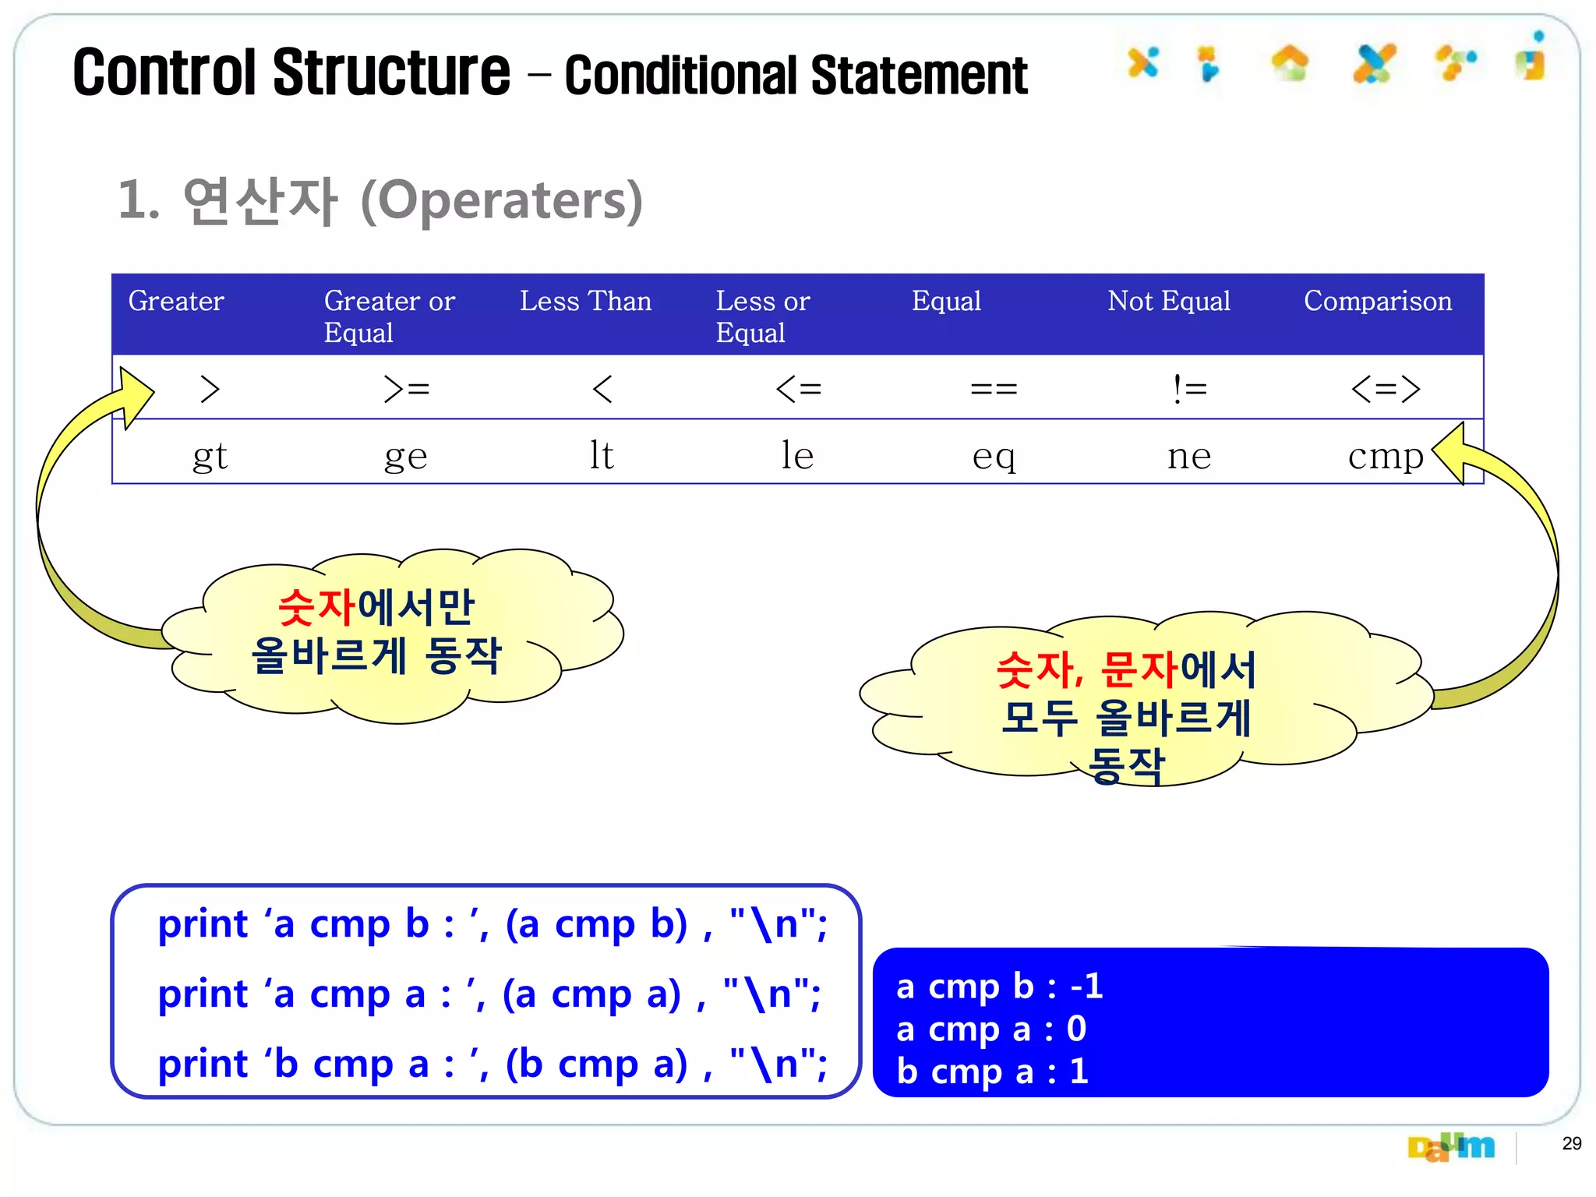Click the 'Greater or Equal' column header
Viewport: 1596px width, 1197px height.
(389, 316)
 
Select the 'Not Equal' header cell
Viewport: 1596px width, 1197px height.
(1168, 301)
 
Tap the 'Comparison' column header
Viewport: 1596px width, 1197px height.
(1377, 301)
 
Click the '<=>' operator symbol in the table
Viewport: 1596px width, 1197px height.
(1385, 388)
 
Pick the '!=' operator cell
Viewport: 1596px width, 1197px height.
(1189, 388)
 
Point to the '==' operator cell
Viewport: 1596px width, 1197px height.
(994, 388)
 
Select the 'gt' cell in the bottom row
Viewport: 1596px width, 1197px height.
(210, 456)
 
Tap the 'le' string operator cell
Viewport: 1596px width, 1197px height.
(797, 455)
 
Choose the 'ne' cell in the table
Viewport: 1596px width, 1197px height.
(1189, 456)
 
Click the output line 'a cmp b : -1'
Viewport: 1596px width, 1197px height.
(999, 987)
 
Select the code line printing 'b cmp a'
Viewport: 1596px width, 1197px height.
(492, 1064)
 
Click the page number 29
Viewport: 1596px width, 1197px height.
(1571, 1143)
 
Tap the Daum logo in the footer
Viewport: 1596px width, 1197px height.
(1450, 1147)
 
